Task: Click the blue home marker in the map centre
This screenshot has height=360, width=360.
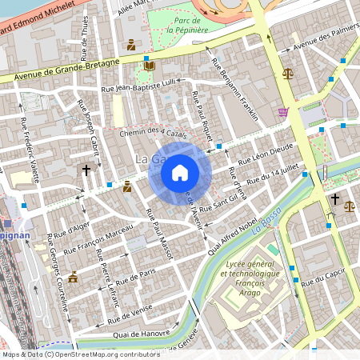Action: click(180, 172)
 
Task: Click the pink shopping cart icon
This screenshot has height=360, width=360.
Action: click(282, 112)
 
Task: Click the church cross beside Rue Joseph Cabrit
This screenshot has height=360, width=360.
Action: click(86, 170)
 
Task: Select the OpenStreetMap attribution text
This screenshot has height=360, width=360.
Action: click(80, 354)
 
